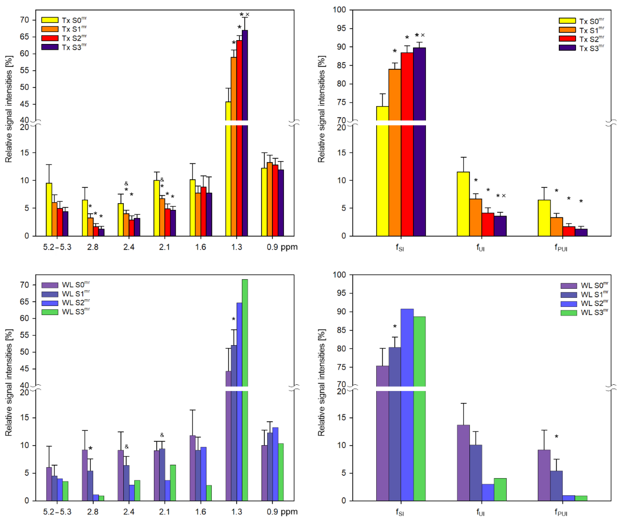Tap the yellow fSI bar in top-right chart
pyautogui.click(x=382, y=178)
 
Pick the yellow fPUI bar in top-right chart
pyautogui.click(x=544, y=218)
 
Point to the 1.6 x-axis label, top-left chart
pyautogui.click(x=201, y=247)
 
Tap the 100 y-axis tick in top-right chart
pyautogui.click(x=339, y=10)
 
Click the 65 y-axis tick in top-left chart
pyautogui.click(x=24, y=37)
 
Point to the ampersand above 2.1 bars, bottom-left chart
pyautogui.click(x=162, y=435)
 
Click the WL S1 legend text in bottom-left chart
pyautogui.click(x=76, y=294)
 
